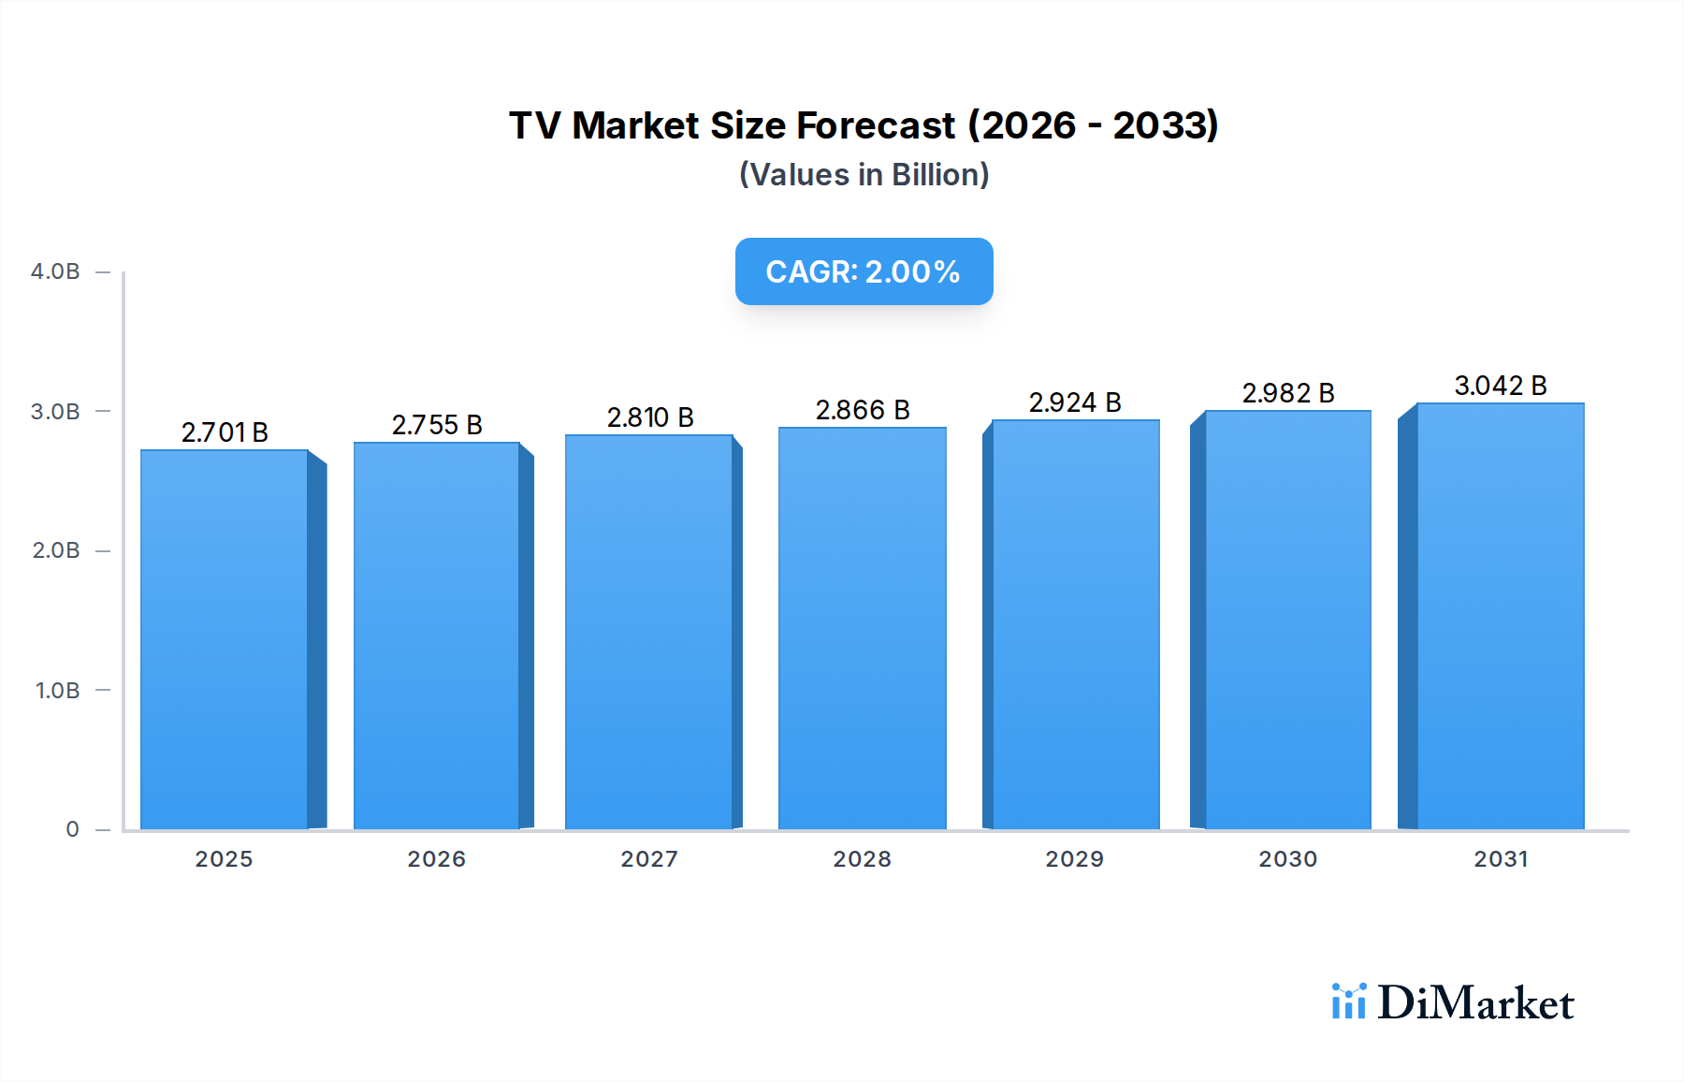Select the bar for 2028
[862, 628]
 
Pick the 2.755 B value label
[437, 425]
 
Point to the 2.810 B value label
[650, 417]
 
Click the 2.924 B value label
[1075, 402]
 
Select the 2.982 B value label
[1288, 393]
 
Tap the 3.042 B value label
[1501, 386]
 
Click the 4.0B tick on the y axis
[55, 271]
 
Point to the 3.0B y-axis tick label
[55, 412]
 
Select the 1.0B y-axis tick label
[57, 691]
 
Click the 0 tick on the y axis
[72, 829]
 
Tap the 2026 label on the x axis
[437, 859]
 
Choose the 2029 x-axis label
[1075, 859]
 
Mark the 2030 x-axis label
[1288, 859]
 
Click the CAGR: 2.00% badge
[864, 271]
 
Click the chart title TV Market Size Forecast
[864, 125]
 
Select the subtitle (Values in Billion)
[864, 175]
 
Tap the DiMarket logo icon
[1348, 1002]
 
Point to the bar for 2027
[649, 632]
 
